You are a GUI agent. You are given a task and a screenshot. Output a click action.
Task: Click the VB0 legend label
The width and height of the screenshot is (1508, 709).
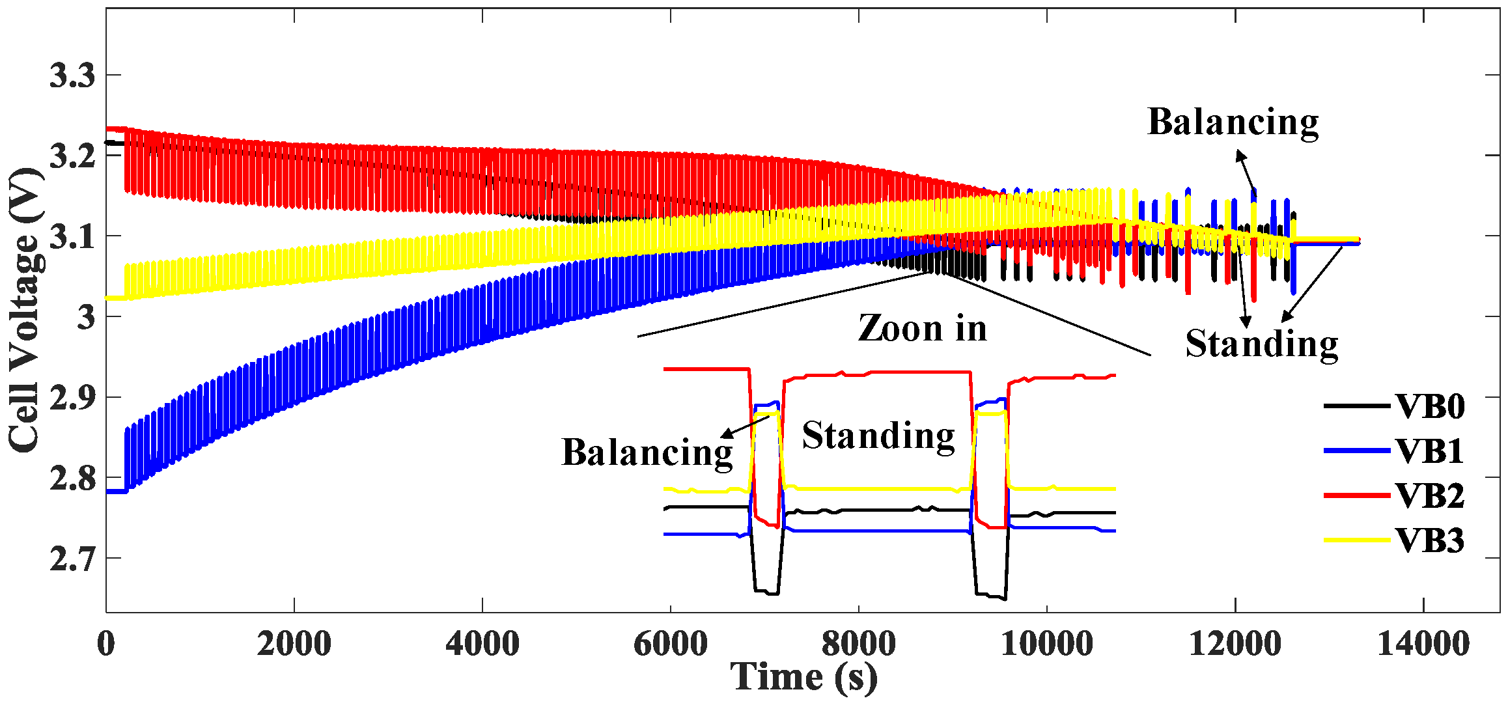tap(1430, 406)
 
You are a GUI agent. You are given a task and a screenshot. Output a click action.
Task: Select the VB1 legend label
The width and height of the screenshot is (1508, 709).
tap(1430, 451)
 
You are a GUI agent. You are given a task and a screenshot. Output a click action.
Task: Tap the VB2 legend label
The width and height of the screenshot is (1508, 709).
tap(1430, 496)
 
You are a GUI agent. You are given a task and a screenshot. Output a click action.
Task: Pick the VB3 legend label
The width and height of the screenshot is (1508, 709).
tap(1430, 541)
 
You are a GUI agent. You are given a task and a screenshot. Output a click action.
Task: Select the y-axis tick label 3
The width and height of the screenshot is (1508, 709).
tap(86, 318)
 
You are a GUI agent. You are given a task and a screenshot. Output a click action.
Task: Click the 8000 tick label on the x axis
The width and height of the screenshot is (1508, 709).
tap(858, 644)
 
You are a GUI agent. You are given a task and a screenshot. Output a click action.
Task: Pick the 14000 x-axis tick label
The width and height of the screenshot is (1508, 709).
tap(1423, 644)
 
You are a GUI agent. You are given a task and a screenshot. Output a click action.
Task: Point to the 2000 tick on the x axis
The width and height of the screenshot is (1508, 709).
tap(294, 644)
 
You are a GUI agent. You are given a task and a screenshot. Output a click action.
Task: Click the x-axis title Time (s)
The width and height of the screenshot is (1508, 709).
tap(803, 677)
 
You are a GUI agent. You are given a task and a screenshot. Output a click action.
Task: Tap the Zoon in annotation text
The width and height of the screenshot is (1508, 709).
tap(923, 328)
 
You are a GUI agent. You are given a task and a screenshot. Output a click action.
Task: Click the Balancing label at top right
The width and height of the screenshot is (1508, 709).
tap(1233, 122)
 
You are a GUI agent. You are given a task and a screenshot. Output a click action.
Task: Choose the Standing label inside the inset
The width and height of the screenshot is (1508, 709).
tap(878, 436)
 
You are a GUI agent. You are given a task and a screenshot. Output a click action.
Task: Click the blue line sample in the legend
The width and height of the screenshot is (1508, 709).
tap(1357, 451)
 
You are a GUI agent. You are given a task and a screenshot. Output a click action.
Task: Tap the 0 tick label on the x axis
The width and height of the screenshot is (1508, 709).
tap(106, 644)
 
